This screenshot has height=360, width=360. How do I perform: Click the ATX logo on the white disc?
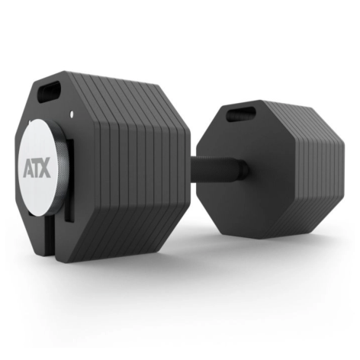click(x=37, y=168)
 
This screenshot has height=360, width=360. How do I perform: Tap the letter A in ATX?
click(x=27, y=168)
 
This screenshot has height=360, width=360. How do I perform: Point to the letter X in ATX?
click(x=45, y=167)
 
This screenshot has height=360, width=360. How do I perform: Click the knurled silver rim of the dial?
click(x=63, y=168)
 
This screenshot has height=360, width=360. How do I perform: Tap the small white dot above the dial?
click(x=72, y=114)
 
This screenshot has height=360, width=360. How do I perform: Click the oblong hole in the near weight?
click(x=49, y=92)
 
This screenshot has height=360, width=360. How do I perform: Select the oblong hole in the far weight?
click(x=240, y=114)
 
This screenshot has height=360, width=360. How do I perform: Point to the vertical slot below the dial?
click(x=50, y=238)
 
